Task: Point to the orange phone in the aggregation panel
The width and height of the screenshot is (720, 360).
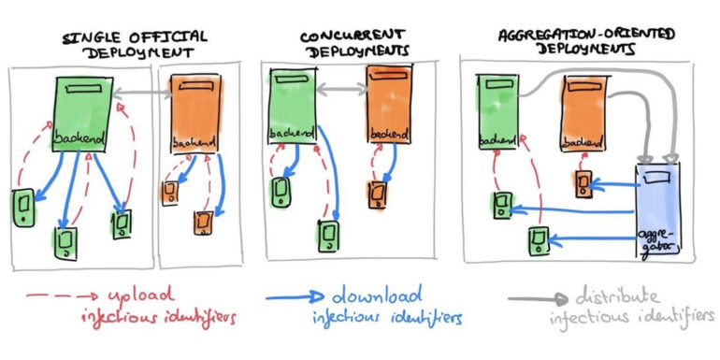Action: click(x=583, y=182)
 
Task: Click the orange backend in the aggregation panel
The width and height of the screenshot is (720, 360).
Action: click(x=584, y=111)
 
